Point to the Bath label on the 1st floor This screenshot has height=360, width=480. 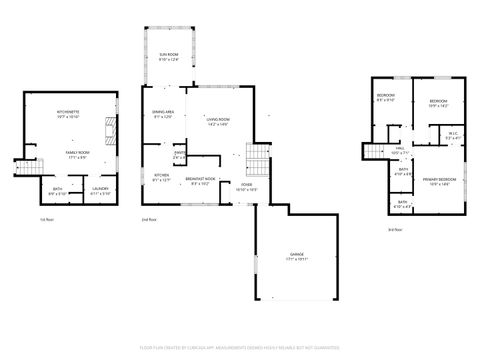pyautogui.click(x=56, y=190)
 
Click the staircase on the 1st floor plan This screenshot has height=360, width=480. pyautogui.click(x=23, y=162)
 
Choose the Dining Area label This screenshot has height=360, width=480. pyautogui.click(x=164, y=113)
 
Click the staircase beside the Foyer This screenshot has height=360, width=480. pyautogui.click(x=258, y=158)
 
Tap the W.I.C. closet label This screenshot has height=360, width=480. pyautogui.click(x=453, y=135)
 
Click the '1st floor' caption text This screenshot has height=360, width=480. pyautogui.click(x=46, y=219)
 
